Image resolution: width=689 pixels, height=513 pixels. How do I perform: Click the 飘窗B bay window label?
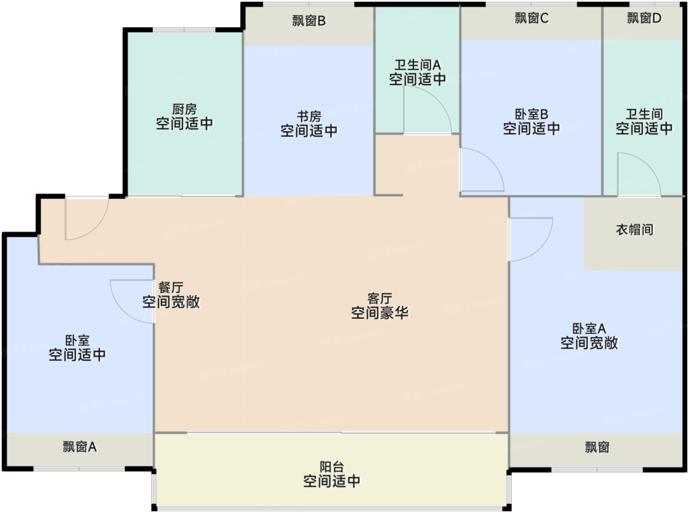[x=309, y=21]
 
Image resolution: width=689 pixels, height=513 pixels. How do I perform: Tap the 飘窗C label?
[x=532, y=18]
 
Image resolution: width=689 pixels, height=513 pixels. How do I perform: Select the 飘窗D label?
[x=644, y=18]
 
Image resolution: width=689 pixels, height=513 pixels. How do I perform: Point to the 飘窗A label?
[x=79, y=447]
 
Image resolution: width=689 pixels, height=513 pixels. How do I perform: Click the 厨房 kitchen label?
[x=185, y=109]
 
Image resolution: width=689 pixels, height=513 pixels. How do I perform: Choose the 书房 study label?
[x=309, y=117]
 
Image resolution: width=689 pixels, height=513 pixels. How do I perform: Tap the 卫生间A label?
[x=417, y=65]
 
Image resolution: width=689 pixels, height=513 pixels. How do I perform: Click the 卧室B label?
[x=532, y=114]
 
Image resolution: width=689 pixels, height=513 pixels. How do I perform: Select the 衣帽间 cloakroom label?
[x=634, y=229]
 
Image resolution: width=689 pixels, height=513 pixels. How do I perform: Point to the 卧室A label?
[x=589, y=328]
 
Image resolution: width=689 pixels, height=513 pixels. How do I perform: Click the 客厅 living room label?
[x=379, y=298]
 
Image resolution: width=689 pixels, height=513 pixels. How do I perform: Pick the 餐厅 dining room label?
[x=171, y=288]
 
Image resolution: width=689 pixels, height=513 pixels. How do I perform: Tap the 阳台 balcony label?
[x=332, y=467]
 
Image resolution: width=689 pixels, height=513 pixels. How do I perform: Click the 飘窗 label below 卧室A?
[x=597, y=447]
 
